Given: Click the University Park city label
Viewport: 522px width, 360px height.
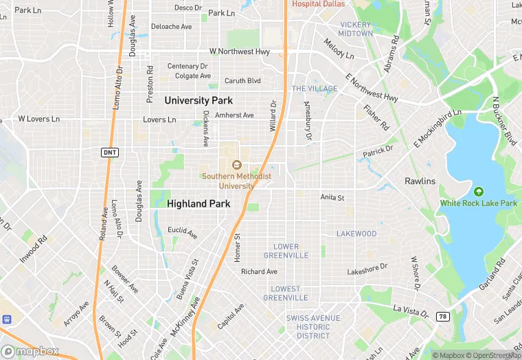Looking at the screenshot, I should click(x=198, y=100).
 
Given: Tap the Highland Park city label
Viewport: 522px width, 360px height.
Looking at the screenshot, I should click(x=198, y=204).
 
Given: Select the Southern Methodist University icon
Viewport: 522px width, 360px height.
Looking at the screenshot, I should click(x=236, y=165).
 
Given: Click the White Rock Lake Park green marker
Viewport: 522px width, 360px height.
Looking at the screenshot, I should click(x=479, y=191).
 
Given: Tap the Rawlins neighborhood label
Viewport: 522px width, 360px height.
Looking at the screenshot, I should click(x=420, y=181).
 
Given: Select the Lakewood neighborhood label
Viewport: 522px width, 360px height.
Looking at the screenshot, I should click(x=356, y=234).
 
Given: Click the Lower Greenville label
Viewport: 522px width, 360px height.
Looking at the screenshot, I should click(x=286, y=251).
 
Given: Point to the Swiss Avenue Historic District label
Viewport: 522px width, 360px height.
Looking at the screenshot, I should click(x=313, y=326).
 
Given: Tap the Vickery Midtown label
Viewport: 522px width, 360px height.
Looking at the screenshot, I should click(x=356, y=29).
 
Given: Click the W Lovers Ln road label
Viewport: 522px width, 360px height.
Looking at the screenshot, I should click(x=39, y=119).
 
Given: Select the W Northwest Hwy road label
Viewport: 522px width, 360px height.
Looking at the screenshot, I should click(x=239, y=52).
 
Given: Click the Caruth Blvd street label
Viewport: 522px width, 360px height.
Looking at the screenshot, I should click(x=244, y=80).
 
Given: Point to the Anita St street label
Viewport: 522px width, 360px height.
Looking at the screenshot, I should click(x=332, y=197).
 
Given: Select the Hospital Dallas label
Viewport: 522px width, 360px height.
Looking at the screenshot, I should click(x=318, y=3).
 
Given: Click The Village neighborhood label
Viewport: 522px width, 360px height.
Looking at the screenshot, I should click(x=315, y=89).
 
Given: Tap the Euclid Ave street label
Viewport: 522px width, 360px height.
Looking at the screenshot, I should click(x=183, y=231).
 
